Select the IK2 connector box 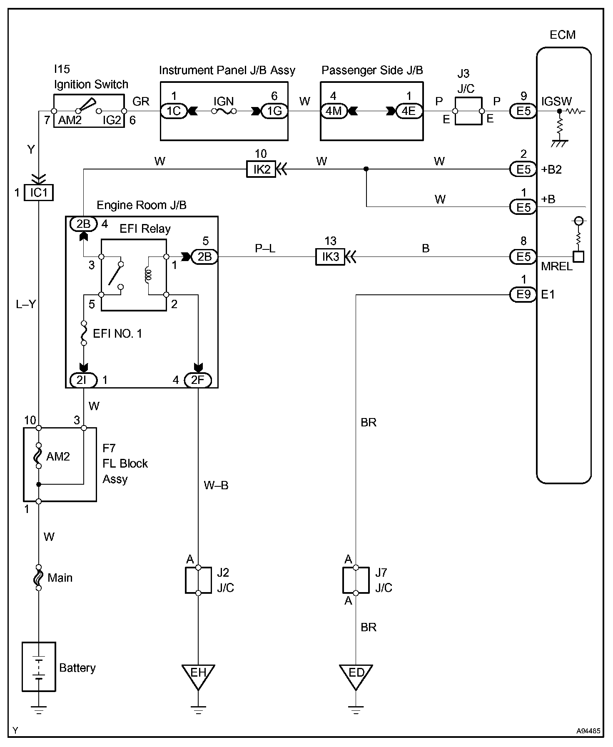261,169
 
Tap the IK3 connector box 330,257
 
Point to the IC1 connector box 39,193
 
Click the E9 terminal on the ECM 523,295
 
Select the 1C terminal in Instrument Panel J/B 174,111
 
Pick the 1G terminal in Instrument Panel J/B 274,111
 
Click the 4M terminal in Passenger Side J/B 334,111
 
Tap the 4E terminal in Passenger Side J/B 409,111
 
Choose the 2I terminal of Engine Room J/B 84,380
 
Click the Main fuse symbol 39,578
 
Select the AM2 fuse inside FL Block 39,456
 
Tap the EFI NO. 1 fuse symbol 84,333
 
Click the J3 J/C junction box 468,111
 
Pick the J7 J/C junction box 356,580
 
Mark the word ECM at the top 563,35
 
